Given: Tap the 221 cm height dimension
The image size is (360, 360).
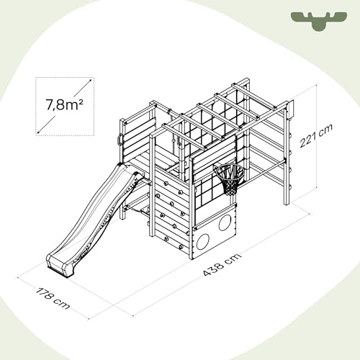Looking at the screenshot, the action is [316, 136].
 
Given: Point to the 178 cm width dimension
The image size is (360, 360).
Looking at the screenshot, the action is [53, 298].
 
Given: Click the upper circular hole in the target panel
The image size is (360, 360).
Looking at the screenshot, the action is [225, 222].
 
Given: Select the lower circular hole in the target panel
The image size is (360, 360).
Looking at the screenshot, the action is [203, 242].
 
